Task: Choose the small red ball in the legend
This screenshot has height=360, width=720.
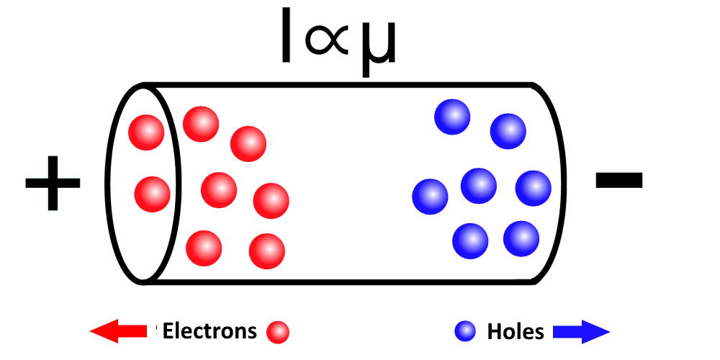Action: (x=277, y=333)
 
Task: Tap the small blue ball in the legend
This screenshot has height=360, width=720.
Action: (x=465, y=331)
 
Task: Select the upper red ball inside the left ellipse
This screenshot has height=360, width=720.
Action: (x=147, y=132)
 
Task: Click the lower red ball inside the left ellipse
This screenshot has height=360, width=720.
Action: (x=153, y=194)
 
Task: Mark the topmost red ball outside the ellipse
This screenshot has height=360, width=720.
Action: (x=201, y=124)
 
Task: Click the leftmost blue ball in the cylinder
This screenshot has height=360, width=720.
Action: (x=431, y=197)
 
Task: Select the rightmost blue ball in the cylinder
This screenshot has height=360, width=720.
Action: (x=534, y=188)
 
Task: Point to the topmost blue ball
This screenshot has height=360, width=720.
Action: (x=453, y=117)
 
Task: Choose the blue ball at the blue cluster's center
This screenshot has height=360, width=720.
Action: (x=479, y=186)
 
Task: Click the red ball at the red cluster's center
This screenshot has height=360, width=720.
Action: (x=219, y=189)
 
